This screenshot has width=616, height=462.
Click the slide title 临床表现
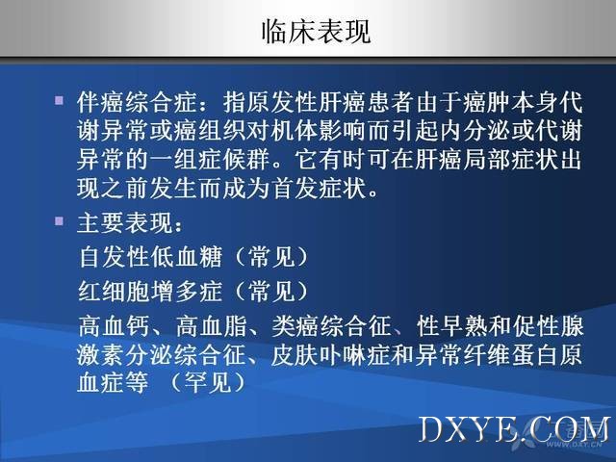pos(316,31)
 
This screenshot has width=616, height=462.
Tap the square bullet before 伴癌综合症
pos(59,100)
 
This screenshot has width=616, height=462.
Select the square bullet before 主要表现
pos(59,221)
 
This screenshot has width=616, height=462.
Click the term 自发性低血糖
pos(150,257)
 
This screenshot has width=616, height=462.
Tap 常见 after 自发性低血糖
pos(271,257)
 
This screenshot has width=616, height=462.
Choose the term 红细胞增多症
pos(150,292)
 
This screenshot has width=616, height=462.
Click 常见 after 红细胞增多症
pos(271,292)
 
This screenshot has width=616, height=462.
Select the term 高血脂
pos(212,326)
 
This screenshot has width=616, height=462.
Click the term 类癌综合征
pos(331,326)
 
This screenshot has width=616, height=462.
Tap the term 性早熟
pos(452,326)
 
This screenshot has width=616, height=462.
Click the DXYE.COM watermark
pos(516,430)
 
